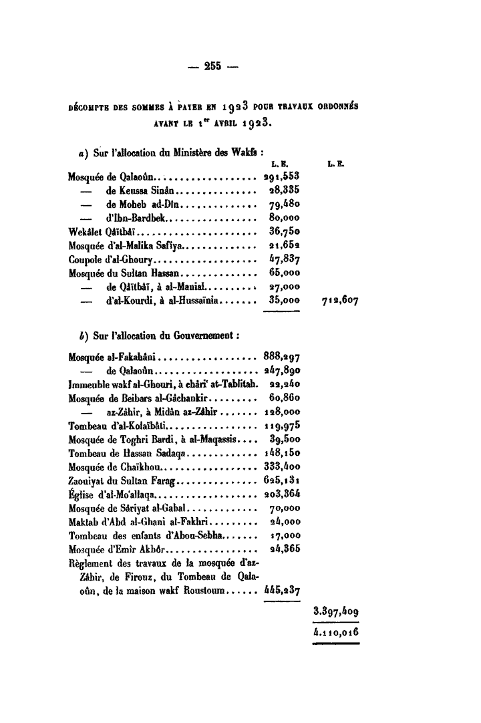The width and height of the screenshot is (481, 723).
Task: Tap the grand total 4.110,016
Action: [336, 631]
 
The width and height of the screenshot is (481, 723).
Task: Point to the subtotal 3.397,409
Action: [336, 610]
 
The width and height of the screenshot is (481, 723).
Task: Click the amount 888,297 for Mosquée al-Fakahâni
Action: [281, 357]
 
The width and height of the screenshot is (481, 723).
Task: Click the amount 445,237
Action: [281, 590]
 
